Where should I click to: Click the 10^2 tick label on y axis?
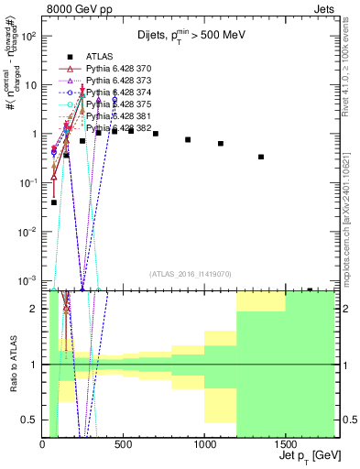[x=28, y=36]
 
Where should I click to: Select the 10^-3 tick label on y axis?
[x=28, y=280]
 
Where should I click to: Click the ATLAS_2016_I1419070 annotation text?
[x=191, y=274]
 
